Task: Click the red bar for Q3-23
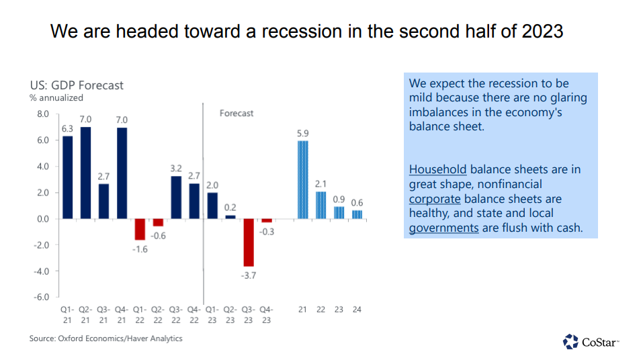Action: click(x=249, y=242)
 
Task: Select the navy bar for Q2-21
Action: click(x=85, y=173)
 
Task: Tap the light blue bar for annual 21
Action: click(x=303, y=179)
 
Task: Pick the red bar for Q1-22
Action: click(x=140, y=229)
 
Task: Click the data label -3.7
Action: click(x=249, y=275)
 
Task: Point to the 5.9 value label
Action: click(x=303, y=133)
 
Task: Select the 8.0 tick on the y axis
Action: click(x=42, y=114)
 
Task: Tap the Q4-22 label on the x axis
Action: click(x=194, y=314)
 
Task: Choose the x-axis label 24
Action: click(x=357, y=310)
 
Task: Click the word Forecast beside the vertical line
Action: click(x=237, y=114)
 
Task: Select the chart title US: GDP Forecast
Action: click(x=77, y=85)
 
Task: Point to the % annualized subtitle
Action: click(x=56, y=98)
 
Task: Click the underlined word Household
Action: click(x=437, y=169)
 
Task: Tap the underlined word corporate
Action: click(x=435, y=199)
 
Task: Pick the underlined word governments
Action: click(x=443, y=228)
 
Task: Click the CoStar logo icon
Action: click(x=570, y=342)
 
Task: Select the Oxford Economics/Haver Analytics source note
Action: click(x=105, y=339)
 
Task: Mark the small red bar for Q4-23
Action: click(x=267, y=220)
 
